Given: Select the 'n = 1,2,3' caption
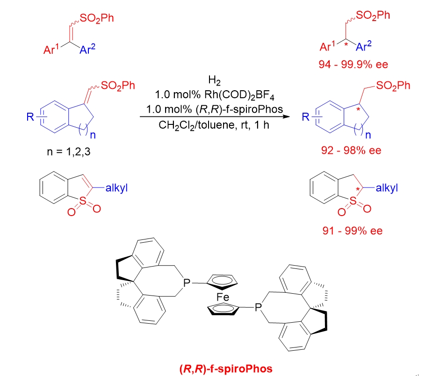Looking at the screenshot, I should point(68,151).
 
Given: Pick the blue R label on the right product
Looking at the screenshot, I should point(306,116).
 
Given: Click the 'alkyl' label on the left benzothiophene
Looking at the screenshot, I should point(114,188).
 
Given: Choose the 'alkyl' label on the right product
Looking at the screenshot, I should point(386,188).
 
